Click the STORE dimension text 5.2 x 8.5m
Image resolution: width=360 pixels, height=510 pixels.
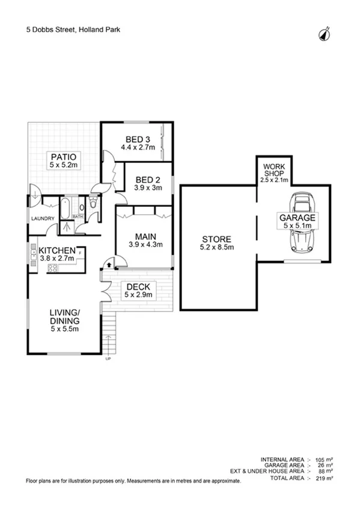click(x=216, y=247)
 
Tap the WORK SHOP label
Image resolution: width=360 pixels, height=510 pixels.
click(x=274, y=168)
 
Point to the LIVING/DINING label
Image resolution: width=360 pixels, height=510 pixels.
click(x=64, y=316)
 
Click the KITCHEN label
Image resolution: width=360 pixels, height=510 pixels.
click(x=57, y=251)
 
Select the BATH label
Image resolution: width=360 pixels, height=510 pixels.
click(x=78, y=217)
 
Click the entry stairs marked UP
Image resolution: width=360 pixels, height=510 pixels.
click(x=109, y=344)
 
